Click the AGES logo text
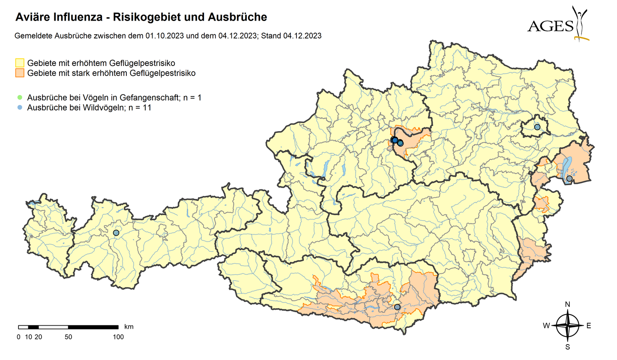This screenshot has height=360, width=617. (550, 27)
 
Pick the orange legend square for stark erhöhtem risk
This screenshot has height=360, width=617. (20, 73)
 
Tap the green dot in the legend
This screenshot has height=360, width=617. (20, 98)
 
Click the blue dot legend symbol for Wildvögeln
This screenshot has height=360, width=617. (20, 108)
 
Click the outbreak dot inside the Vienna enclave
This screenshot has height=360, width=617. (537, 127)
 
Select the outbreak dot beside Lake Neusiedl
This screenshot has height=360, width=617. (569, 178)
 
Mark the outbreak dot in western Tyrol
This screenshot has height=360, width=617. (116, 233)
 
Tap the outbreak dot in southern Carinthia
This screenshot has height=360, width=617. (397, 307)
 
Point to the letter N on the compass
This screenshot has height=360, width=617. (568, 304)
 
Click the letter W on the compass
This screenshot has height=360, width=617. (546, 326)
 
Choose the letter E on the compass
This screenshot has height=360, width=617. (589, 326)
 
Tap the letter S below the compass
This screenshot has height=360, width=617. (568, 347)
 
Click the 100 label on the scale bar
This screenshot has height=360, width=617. (118, 337)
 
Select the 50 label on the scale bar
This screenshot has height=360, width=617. (68, 337)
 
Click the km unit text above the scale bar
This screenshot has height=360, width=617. (129, 327)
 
